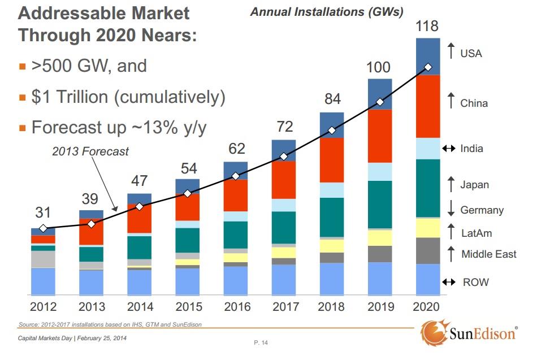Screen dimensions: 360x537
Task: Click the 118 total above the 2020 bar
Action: [x=427, y=26]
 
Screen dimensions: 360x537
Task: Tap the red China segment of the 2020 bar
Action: [x=428, y=106]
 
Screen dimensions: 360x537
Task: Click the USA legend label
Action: [x=471, y=54]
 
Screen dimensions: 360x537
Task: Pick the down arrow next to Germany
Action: [x=451, y=210]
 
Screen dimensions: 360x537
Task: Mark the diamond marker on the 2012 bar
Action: [x=43, y=229]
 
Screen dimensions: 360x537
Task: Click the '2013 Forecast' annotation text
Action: [x=90, y=151]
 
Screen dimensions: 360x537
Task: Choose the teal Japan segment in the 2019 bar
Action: [x=380, y=204]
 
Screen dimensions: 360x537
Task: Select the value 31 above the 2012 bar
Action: [x=43, y=213]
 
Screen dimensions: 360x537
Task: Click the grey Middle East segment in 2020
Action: [x=428, y=250]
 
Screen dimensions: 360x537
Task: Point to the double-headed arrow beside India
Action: [x=449, y=149]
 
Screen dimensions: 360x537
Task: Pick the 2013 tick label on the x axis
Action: [x=92, y=308]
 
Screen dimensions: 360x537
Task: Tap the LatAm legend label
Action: [x=477, y=232]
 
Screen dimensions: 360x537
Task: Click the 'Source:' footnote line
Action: [x=110, y=324]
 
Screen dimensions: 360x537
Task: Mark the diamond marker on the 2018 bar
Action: [x=332, y=131]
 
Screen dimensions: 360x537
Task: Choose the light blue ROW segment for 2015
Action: [x=187, y=281]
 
